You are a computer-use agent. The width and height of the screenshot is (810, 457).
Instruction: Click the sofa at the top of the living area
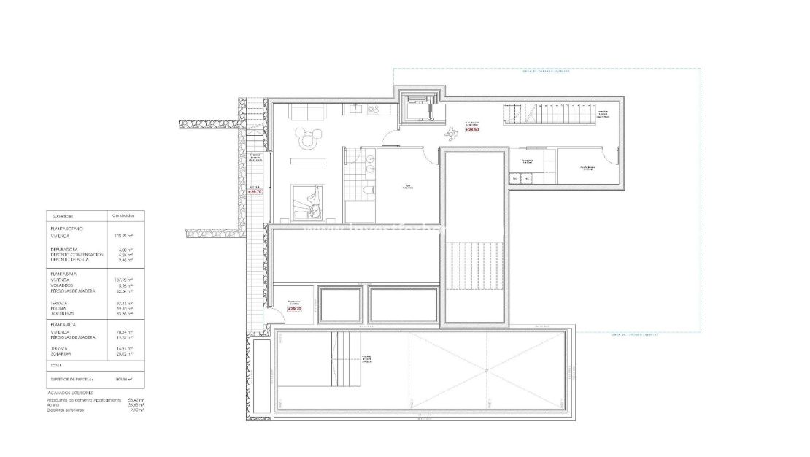[307, 112]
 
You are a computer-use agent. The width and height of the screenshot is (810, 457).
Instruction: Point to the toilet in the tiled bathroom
[370, 191]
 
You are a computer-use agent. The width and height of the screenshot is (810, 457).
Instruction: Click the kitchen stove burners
[372, 110]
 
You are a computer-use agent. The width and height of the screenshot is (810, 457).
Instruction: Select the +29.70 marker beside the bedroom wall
[254, 191]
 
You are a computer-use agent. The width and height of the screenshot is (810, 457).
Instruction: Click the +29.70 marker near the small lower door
[294, 309]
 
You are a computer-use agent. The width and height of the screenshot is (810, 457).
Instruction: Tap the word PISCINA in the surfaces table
[59, 309]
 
